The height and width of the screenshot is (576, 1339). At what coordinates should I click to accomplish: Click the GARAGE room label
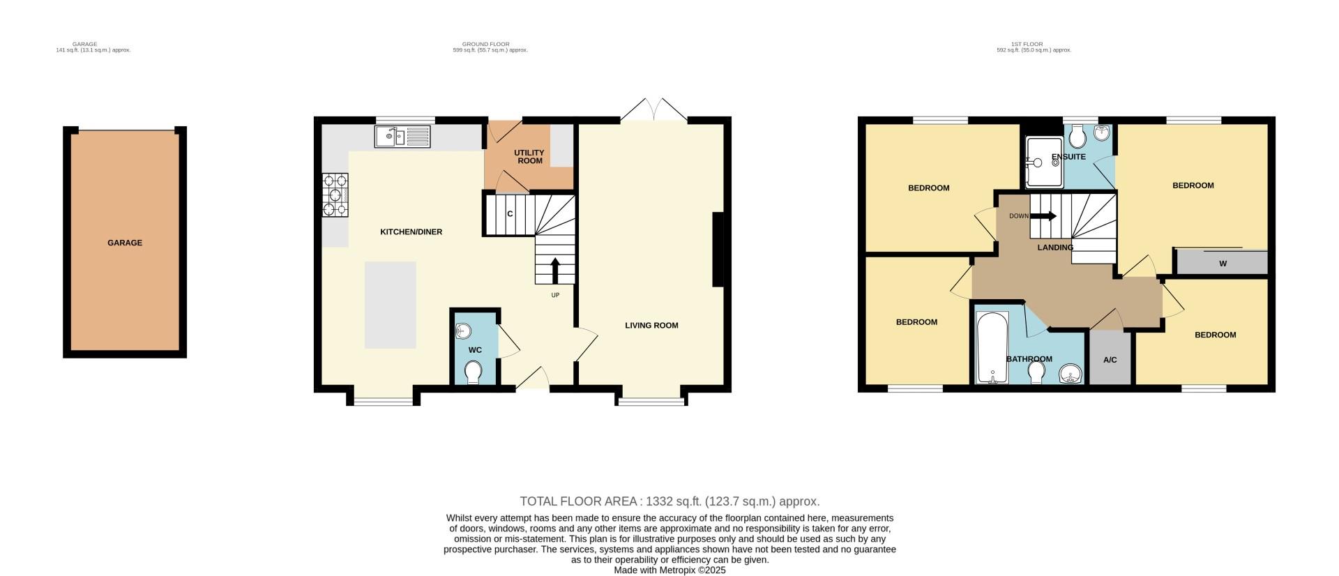(125, 243)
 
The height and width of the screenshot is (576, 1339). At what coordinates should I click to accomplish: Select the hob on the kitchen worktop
(335, 195)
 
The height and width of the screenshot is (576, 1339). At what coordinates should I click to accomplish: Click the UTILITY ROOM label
(529, 157)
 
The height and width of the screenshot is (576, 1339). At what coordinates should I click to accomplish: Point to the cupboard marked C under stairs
(510, 214)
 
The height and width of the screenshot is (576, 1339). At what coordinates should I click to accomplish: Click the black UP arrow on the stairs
(556, 271)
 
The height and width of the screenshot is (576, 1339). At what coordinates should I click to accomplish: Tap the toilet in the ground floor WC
(474, 372)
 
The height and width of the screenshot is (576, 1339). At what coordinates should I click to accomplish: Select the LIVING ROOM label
(651, 325)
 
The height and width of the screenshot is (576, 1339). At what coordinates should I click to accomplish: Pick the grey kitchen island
(391, 305)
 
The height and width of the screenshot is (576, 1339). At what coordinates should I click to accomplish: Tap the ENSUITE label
(1068, 157)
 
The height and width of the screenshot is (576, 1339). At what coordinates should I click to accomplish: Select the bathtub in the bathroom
(992, 347)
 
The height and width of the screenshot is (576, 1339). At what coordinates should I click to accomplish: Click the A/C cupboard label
(1110, 360)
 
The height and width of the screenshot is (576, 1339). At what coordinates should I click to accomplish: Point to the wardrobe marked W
(1222, 264)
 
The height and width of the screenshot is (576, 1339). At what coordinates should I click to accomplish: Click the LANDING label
(1055, 248)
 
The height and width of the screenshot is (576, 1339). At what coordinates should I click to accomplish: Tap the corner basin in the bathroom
(1069, 375)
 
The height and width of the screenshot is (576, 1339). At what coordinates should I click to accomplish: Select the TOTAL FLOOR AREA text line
(669, 501)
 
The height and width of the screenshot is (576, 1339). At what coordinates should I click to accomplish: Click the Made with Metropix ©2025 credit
(669, 570)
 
